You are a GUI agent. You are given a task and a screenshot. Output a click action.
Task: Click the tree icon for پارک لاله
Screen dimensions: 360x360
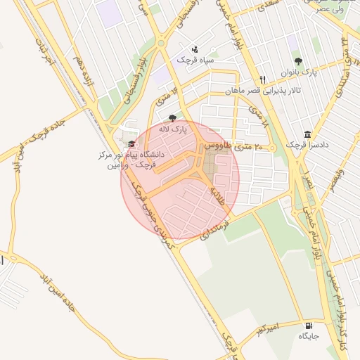(173, 118)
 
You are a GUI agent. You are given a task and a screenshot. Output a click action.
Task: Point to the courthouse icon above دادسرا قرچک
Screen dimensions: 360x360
(307, 134)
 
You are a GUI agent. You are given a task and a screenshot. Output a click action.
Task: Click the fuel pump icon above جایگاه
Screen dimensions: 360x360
(309, 326)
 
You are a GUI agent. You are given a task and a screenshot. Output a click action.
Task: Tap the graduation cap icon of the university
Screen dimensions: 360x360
(131, 143)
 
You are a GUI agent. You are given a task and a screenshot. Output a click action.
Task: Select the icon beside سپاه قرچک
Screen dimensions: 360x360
(195, 49)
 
